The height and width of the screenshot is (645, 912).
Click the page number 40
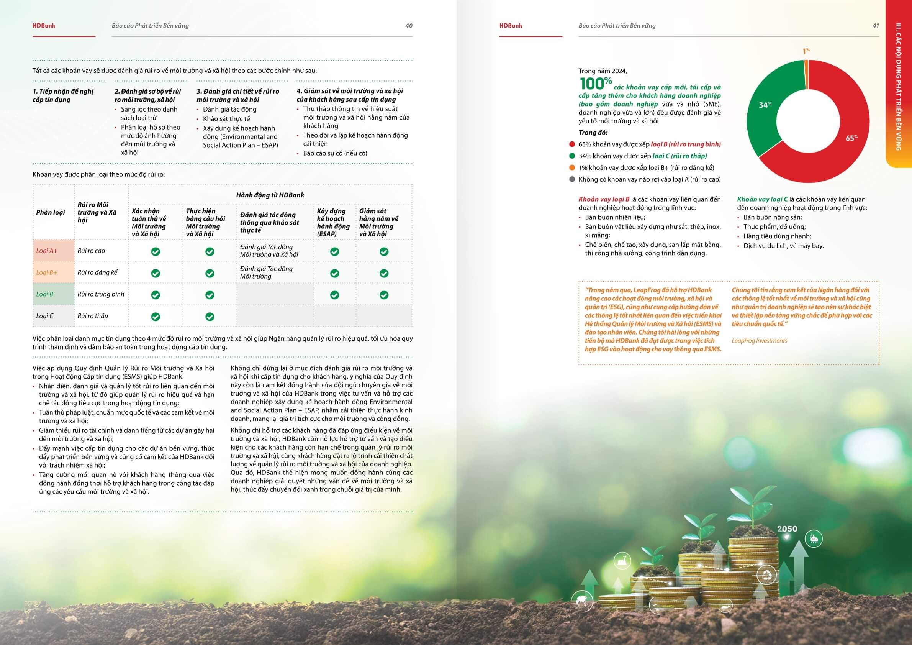coord(409,26)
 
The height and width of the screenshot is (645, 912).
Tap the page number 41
coord(876,26)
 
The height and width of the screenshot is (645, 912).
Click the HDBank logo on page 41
coord(511,25)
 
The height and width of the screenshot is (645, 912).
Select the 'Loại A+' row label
coord(47,251)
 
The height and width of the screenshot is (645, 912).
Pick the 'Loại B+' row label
coord(47,272)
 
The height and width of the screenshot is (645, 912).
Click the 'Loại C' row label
coord(45,316)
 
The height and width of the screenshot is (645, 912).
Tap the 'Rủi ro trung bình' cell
coord(101,294)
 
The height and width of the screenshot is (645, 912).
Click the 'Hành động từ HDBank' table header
coord(270,195)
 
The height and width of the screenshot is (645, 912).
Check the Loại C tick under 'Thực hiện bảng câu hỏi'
coord(210,317)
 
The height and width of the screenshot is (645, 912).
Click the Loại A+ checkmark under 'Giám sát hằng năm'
coord(384,251)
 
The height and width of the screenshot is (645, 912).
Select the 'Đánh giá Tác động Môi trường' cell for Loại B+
coord(266,272)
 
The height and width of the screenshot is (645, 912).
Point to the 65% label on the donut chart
coord(851,138)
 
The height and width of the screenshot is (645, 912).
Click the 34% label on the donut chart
coord(765,105)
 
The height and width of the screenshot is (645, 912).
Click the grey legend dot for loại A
coord(572,179)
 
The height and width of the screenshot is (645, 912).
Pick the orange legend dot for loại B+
coord(572,168)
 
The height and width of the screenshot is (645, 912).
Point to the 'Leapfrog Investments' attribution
coord(759,341)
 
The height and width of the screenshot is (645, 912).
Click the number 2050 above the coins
coord(787,529)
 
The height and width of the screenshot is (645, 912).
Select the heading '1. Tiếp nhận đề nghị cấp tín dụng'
coord(63,95)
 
